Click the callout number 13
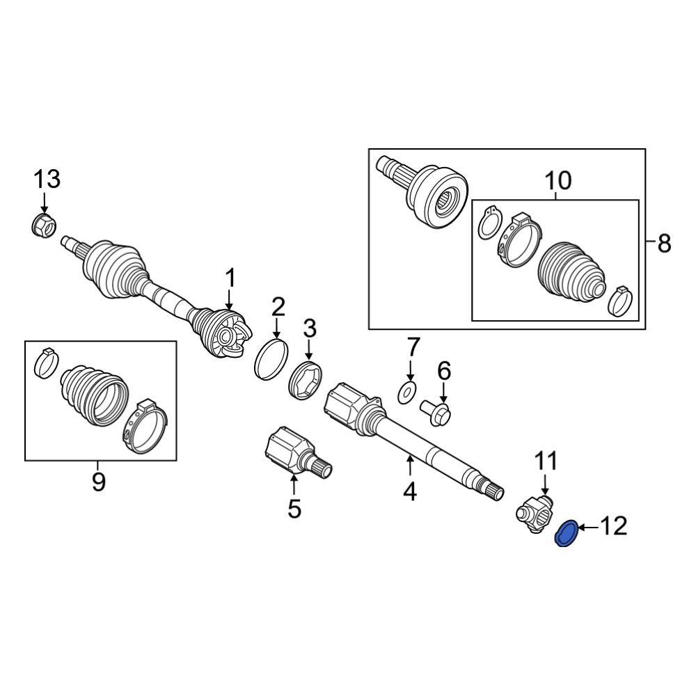(x=48, y=179)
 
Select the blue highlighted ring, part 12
(x=566, y=534)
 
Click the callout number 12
(x=610, y=525)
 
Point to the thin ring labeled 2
(x=272, y=358)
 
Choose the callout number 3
(x=309, y=327)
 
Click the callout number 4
(x=409, y=491)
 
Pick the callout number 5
(x=294, y=508)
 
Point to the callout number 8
(x=664, y=244)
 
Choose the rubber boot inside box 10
(x=571, y=274)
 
